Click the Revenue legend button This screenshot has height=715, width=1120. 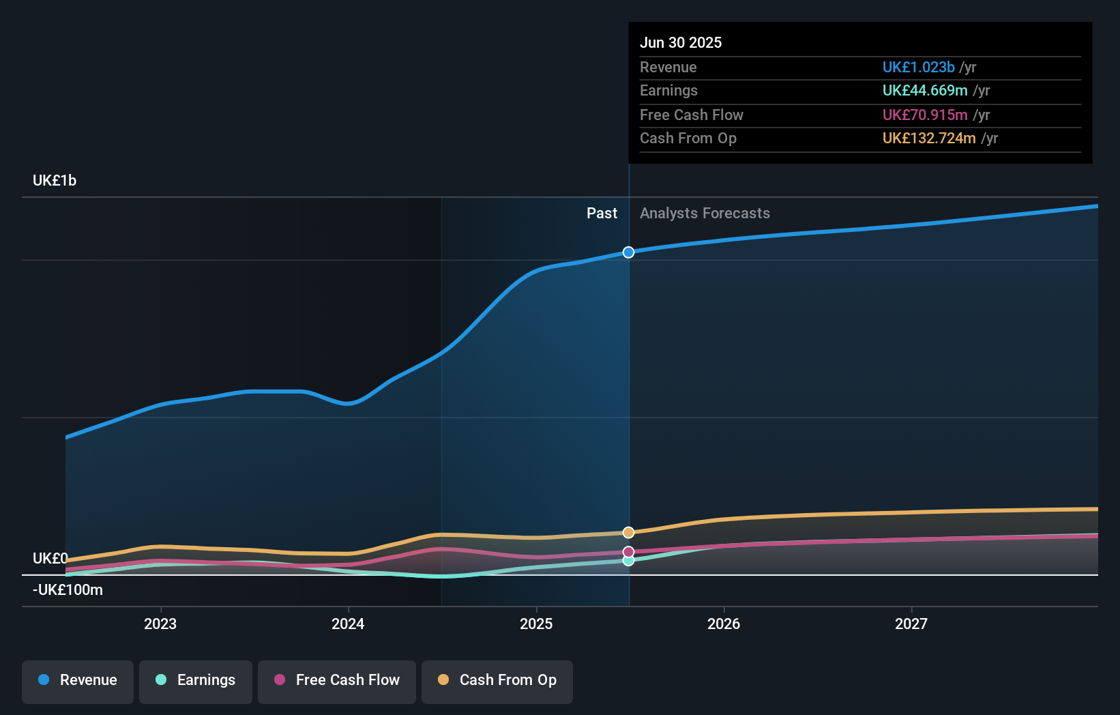tap(78, 680)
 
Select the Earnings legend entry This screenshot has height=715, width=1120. tap(196, 680)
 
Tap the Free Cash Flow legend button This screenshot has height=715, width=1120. tap(337, 680)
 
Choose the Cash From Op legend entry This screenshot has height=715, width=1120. tap(497, 680)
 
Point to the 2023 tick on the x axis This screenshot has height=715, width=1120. tap(160, 624)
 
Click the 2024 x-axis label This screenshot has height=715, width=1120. tap(348, 624)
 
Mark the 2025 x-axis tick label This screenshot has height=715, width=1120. tap(536, 624)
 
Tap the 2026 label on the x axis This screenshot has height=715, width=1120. tap(724, 624)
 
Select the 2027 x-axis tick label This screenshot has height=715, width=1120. tap(911, 624)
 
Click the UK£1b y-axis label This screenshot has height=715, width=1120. tap(55, 181)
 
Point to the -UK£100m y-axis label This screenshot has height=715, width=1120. tap(68, 590)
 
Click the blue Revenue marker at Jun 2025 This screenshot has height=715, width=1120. tap(628, 252)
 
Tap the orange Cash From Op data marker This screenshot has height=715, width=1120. tap(628, 532)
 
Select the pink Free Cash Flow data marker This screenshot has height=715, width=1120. tap(628, 551)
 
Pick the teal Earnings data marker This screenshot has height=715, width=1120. tap(628, 561)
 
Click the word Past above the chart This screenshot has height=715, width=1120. tap(602, 214)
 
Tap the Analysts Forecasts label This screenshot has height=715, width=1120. tap(705, 214)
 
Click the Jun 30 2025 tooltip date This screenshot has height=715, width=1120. tap(681, 43)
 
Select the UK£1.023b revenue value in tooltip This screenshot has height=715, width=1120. tap(918, 68)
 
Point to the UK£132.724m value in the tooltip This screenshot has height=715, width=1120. tap(929, 138)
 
